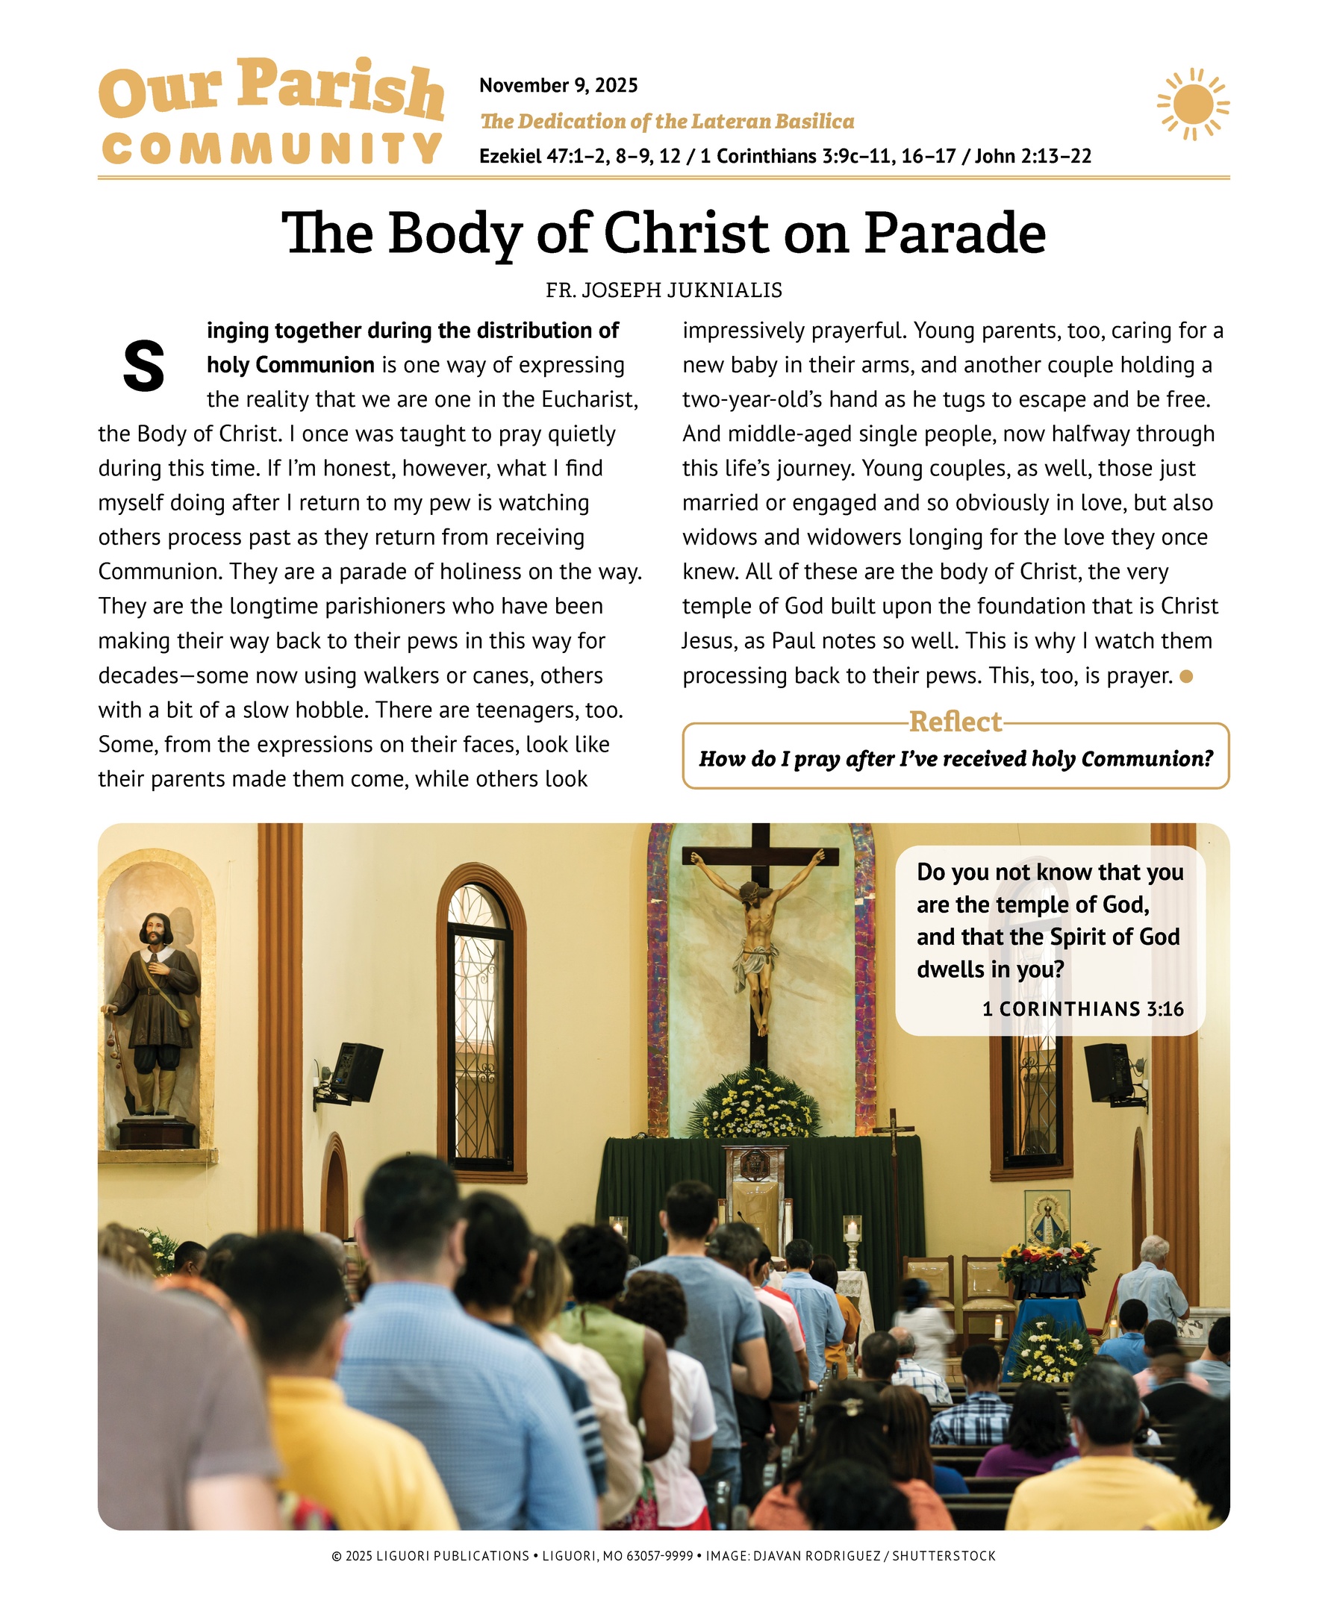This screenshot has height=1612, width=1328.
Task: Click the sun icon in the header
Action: (x=1192, y=104)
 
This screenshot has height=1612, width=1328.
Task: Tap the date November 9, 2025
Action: (x=558, y=85)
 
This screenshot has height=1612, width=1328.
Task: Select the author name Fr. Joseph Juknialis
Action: (x=663, y=290)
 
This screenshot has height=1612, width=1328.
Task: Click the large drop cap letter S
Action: (x=144, y=366)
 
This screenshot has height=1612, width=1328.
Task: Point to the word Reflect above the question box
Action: (x=955, y=721)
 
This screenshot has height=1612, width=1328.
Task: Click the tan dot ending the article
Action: (x=1186, y=676)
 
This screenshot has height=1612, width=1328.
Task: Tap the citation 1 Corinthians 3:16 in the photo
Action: (x=1082, y=1009)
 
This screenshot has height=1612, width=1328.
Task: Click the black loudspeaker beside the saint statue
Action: (x=353, y=1073)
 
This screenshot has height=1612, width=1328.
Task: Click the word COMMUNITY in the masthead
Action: (x=272, y=149)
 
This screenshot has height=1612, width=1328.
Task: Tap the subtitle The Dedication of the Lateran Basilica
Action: (x=667, y=122)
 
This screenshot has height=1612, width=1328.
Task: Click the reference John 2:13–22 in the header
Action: (x=1032, y=157)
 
